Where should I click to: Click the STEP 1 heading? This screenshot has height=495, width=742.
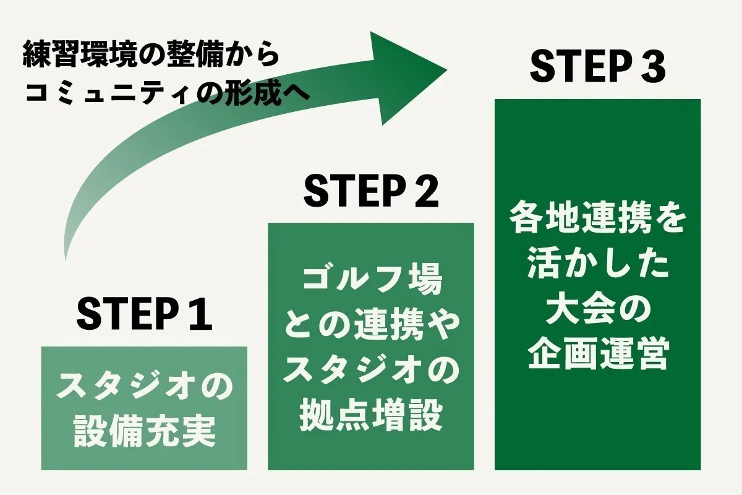(144, 315)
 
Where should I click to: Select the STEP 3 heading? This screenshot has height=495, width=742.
(597, 67)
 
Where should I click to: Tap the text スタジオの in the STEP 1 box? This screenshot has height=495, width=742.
(144, 388)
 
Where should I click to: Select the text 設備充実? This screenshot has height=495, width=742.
(144, 432)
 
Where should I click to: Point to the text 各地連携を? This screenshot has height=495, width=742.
(597, 221)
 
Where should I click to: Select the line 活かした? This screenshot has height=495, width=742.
(597, 266)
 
